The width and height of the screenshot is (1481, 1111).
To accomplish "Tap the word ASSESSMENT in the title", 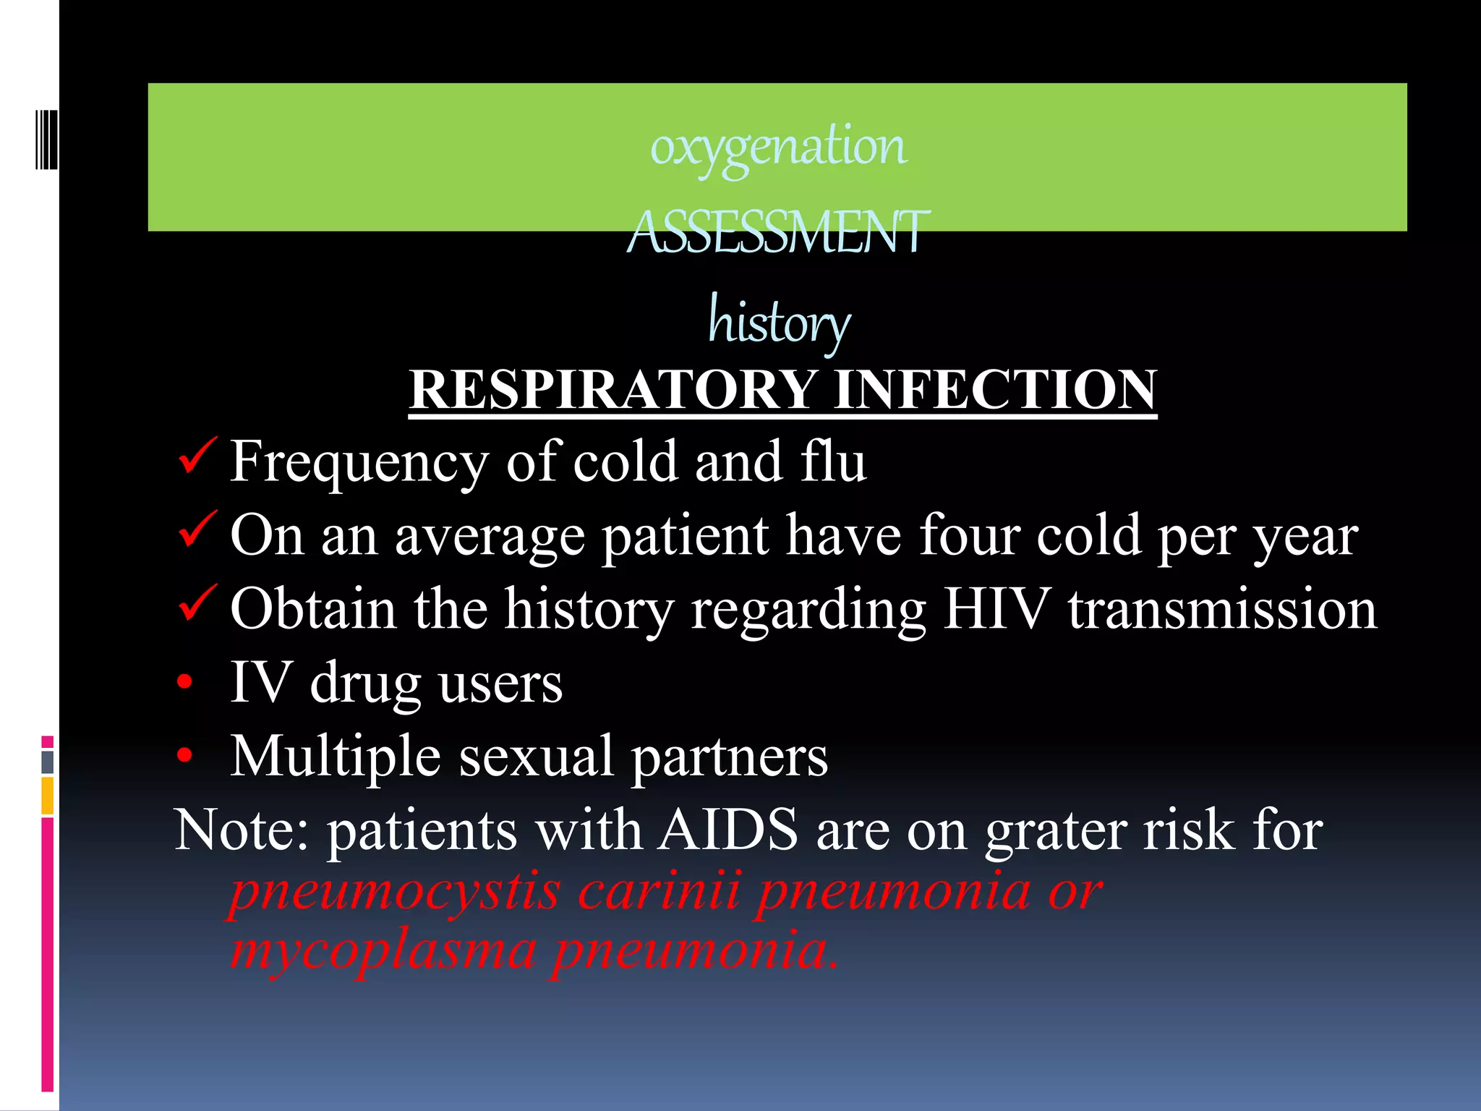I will pyautogui.click(x=778, y=233).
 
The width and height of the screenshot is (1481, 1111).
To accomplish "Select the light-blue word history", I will pyautogui.click(x=779, y=322).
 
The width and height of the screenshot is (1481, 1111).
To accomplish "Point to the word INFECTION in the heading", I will pyautogui.click(x=995, y=390).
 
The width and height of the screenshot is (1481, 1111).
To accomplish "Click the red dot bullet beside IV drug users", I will pyautogui.click(x=185, y=682).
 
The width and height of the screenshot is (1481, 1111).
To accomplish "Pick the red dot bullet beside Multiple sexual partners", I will pyautogui.click(x=185, y=756).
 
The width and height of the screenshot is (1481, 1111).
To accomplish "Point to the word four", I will pyautogui.click(x=968, y=536).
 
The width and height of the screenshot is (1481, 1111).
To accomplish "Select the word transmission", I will pyautogui.click(x=1222, y=609).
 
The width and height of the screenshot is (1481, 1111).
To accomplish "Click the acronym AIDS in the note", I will pyautogui.click(x=728, y=830).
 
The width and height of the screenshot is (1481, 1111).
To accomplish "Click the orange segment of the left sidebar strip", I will pyautogui.click(x=48, y=796).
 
